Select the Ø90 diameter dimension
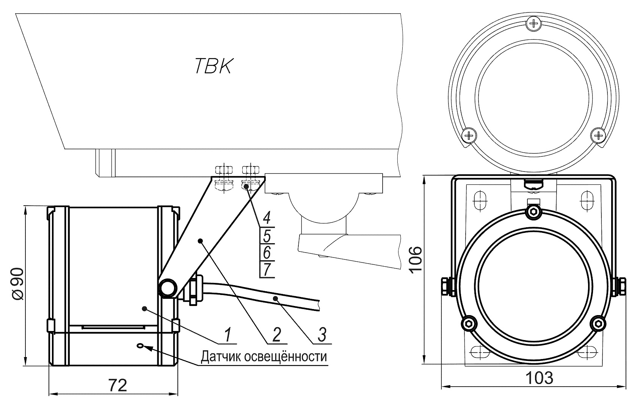pos(18,284)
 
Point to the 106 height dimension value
pos(415,259)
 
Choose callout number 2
pos(276,334)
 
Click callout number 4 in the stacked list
pos(267,218)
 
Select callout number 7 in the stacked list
pos(267,270)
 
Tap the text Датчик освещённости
pos(264,357)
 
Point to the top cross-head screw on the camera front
pos(534,24)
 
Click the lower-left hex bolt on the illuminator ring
pos(469,323)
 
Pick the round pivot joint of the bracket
pos(167,288)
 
